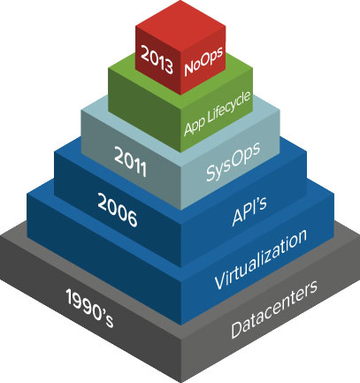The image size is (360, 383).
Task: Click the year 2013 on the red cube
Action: pos(157,59)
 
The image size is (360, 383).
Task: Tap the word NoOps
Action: pos(203,61)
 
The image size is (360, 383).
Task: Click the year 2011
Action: pos(130,162)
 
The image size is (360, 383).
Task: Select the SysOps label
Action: pos(233,161)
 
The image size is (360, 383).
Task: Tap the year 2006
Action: pos(118,211)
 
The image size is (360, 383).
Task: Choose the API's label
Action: pos(249,211)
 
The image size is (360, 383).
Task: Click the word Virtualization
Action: pos(261,259)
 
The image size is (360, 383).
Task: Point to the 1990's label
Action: pos(89,308)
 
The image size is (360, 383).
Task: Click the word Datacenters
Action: pos(274,309)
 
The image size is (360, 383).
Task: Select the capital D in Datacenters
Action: pos(237,330)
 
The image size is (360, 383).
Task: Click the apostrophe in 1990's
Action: pos(102,312)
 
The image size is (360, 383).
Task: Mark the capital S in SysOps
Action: pos(211,172)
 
